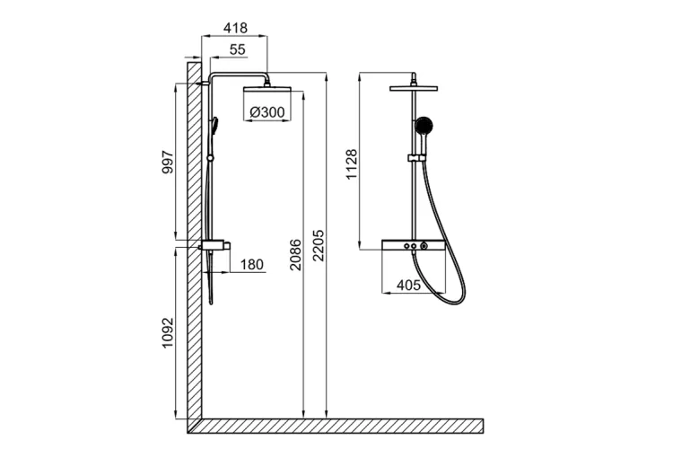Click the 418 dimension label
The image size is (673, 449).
(235, 28)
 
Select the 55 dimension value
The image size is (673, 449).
(238, 49)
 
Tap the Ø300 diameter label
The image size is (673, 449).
(267, 112)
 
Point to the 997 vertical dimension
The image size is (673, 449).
(168, 162)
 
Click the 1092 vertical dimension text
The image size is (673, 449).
(168, 333)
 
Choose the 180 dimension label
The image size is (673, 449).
(251, 264)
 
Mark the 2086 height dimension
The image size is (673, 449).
(296, 255)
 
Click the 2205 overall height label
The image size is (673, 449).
(319, 246)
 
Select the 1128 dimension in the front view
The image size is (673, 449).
(352, 164)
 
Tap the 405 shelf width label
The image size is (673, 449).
(408, 286)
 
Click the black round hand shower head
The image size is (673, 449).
(424, 126)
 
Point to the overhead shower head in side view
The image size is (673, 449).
(267, 89)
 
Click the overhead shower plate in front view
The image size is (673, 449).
(414, 89)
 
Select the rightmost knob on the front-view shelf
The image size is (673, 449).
(424, 246)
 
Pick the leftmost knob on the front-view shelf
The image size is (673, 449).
(406, 246)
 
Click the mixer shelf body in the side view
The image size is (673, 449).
(214, 246)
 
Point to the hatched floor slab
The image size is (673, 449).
(336, 426)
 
